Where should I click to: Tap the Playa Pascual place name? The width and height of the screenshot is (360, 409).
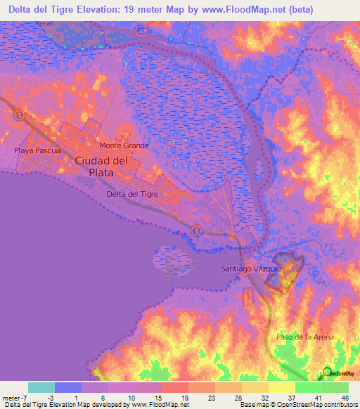coord(38,150)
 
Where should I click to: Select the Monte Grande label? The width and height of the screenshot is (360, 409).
coord(124,145)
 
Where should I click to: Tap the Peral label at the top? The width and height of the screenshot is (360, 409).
coord(67,24)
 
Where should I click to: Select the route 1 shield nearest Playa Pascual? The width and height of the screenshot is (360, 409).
coord(19,114)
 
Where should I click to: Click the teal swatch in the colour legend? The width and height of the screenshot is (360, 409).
coord(41,387)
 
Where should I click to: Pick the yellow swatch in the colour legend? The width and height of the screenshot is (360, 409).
coord(282,387)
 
